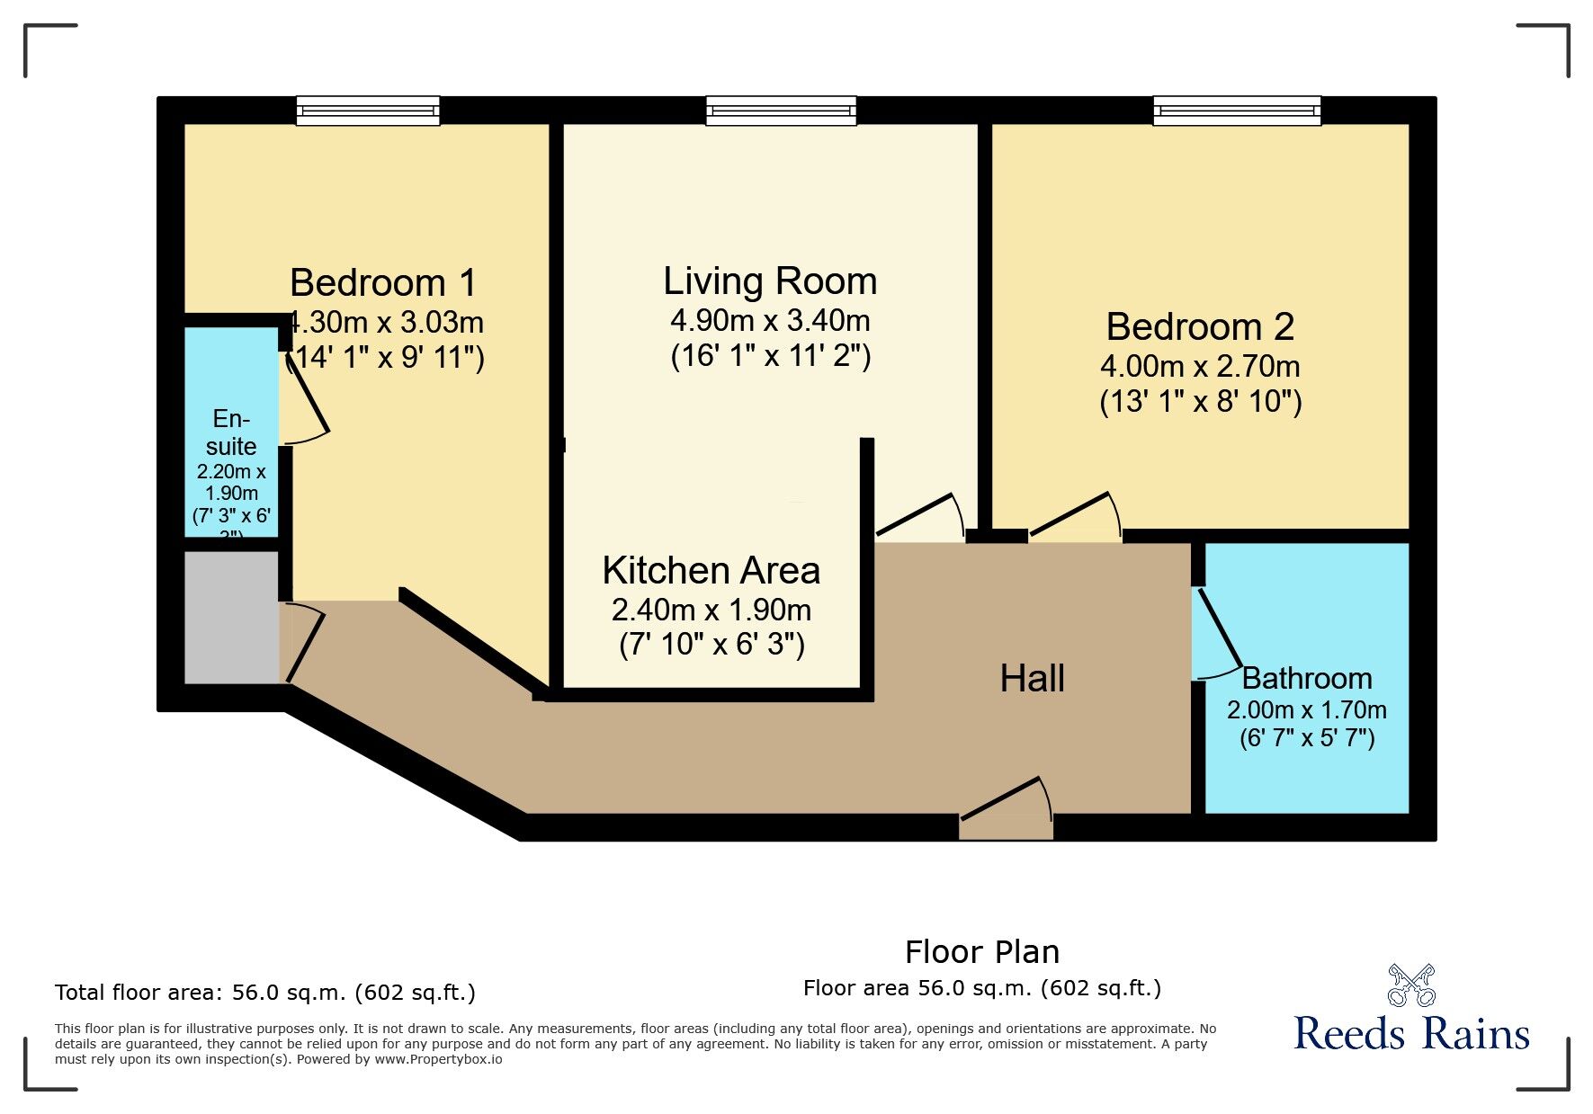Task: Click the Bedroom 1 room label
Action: (383, 283)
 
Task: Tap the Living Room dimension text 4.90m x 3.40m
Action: (770, 320)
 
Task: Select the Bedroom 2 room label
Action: (1200, 326)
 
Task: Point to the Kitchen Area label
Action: (711, 571)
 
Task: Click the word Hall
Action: (1032, 679)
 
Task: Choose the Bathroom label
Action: (1306, 678)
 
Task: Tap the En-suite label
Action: (231, 432)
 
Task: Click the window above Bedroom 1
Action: (368, 111)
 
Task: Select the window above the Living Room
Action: (781, 111)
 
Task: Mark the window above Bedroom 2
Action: (1238, 111)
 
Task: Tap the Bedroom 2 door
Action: (1075, 517)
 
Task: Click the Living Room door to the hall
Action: (919, 518)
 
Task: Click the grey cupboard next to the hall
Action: (231, 617)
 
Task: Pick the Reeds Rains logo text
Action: (1411, 1035)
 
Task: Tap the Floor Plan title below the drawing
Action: (981, 952)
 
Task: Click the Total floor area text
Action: (264, 993)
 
